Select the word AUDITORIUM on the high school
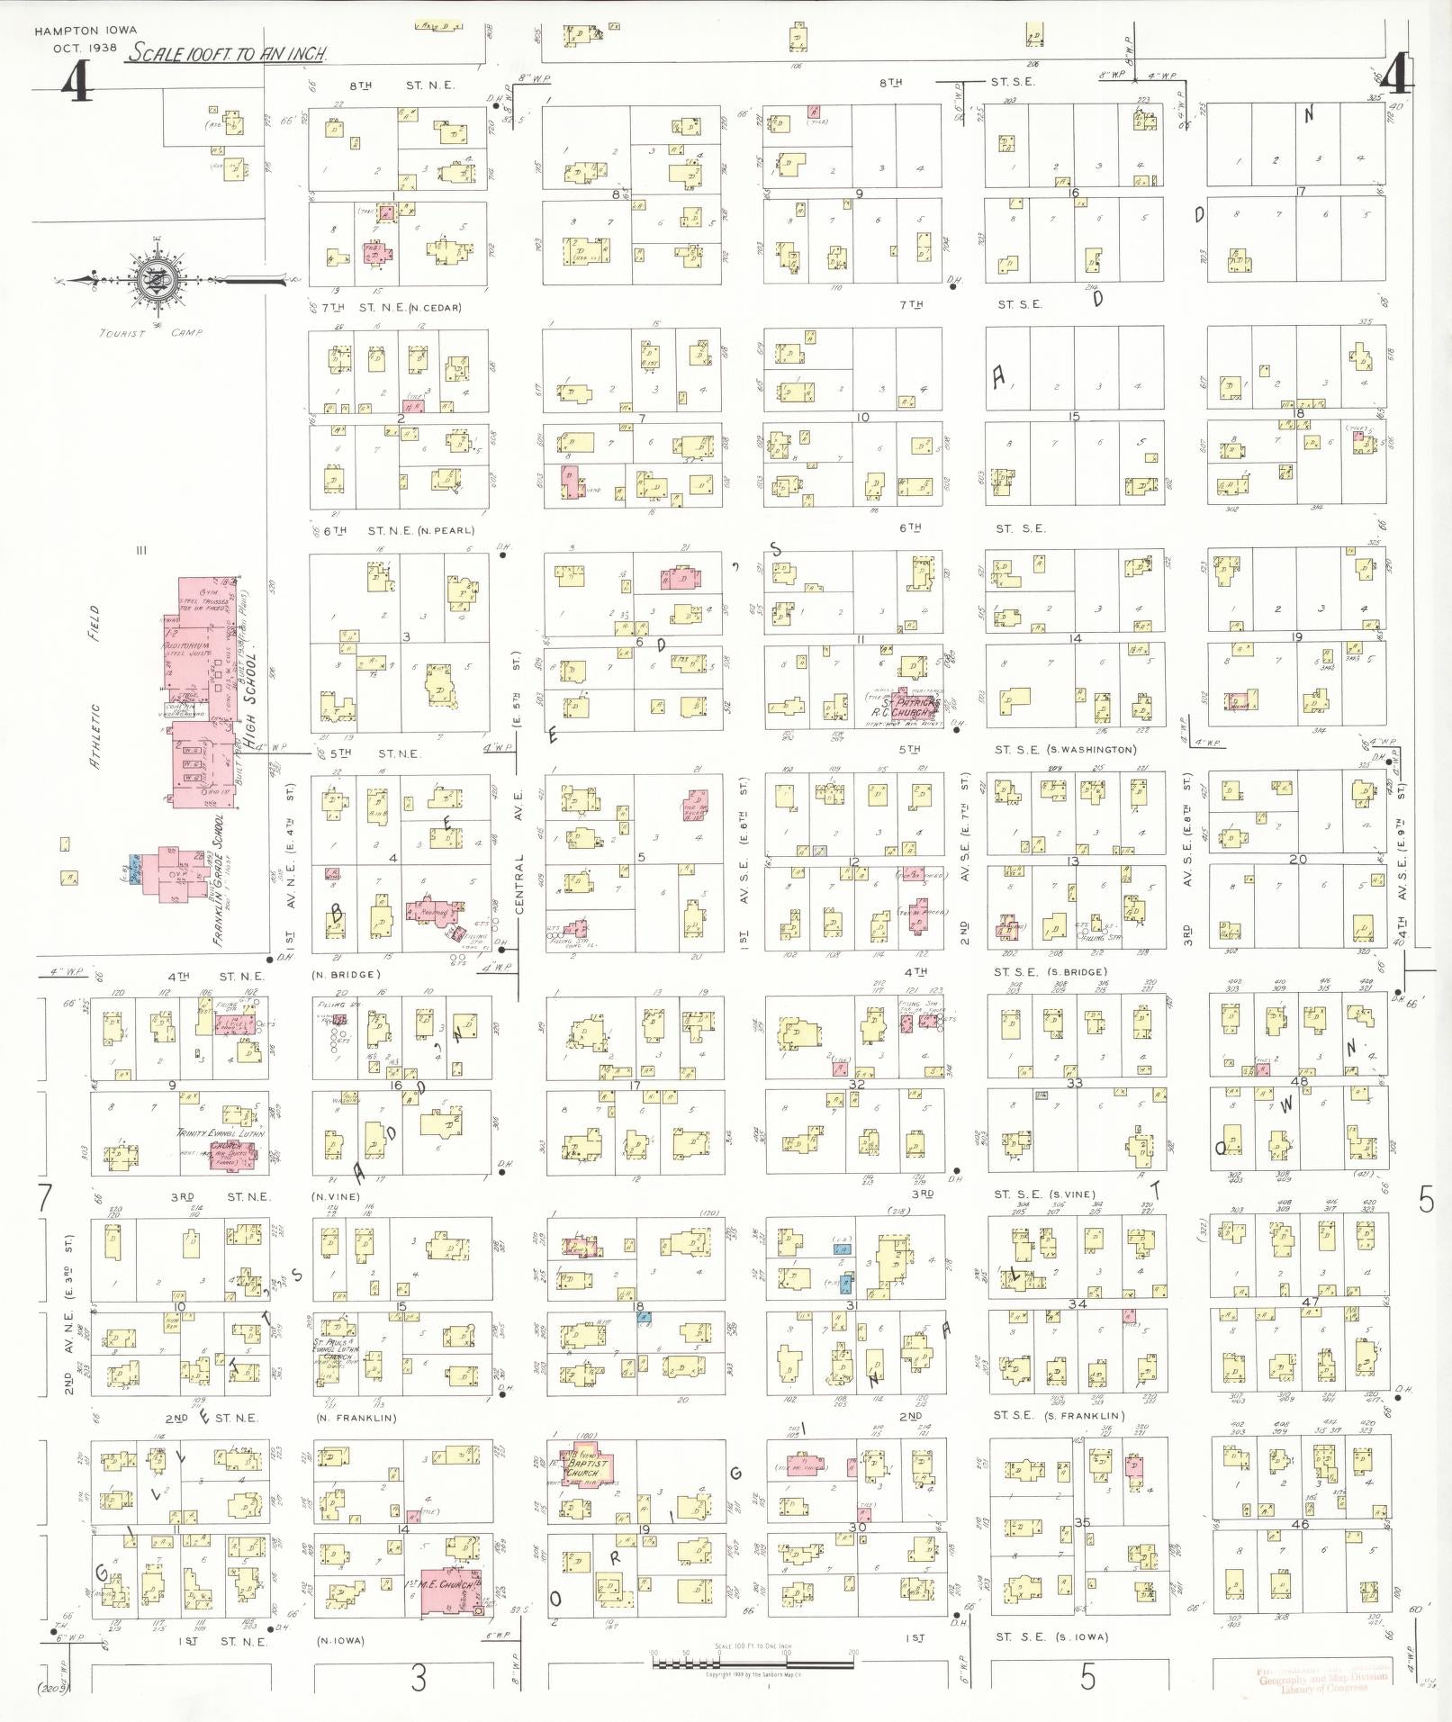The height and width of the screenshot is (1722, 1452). pos(187,648)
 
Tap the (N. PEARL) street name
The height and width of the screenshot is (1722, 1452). pos(441,531)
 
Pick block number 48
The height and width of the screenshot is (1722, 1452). pos(1299,1081)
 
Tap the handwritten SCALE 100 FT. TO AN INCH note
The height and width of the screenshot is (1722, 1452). pos(227,54)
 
